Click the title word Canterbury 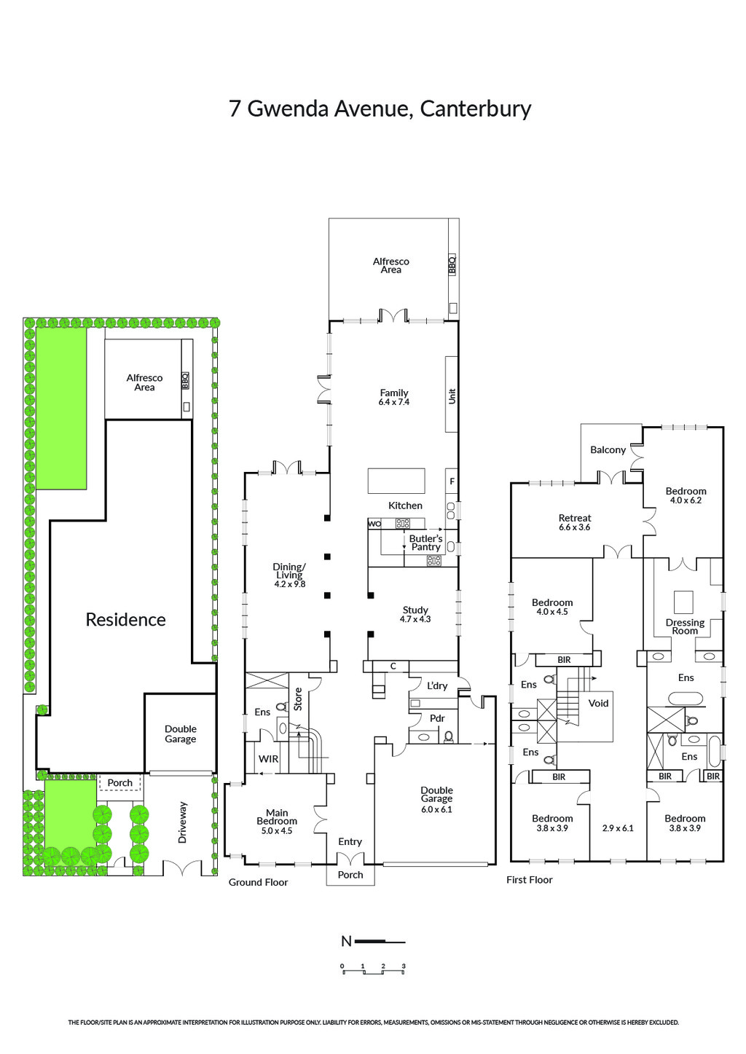(476, 109)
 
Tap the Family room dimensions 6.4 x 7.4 (394, 402)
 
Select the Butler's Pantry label (426, 543)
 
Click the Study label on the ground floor (415, 610)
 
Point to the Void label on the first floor (598, 703)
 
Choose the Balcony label (608, 450)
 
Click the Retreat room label (575, 518)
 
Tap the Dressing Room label (685, 626)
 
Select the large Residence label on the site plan (125, 620)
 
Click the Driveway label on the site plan (182, 822)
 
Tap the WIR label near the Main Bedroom (268, 759)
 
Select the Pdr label (437, 718)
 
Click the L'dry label (437, 685)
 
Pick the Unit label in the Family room (452, 396)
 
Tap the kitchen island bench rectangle (396, 481)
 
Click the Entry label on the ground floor (350, 842)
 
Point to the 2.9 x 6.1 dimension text (618, 828)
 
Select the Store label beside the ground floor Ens (298, 699)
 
